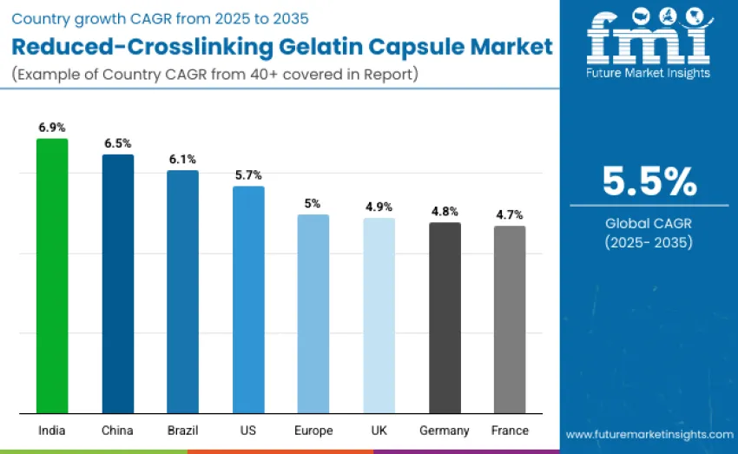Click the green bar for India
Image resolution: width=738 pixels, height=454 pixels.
[52, 275]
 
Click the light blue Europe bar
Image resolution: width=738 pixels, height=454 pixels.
[313, 313]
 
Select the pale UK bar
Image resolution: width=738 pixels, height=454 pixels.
[379, 315]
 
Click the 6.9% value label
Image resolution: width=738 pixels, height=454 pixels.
[52, 128]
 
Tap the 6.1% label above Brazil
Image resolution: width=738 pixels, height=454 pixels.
[182, 159]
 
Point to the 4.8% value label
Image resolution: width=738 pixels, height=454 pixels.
[445, 211]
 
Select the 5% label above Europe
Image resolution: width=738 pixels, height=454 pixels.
[313, 203]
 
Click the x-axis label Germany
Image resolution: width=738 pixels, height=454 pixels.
[445, 431]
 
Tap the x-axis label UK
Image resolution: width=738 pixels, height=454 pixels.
[379, 431]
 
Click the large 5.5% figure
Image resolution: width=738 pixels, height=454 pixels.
[649, 181]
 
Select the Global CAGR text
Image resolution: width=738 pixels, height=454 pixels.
[649, 223]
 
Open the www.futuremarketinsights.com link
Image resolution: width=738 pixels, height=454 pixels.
[649, 433]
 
